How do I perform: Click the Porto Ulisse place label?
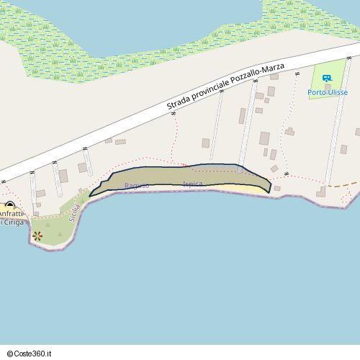[328, 92]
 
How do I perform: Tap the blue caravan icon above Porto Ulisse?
[327, 78]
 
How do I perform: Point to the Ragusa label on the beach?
[137, 186]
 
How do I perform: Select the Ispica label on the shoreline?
[193, 184]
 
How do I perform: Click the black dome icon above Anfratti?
[9, 205]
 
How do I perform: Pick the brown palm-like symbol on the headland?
[37, 235]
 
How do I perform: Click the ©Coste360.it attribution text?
[30, 354]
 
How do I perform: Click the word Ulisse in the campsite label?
[337, 92]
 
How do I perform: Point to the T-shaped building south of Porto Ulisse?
[289, 132]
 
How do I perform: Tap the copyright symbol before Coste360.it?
[10, 354]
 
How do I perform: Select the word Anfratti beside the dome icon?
[10, 214]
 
